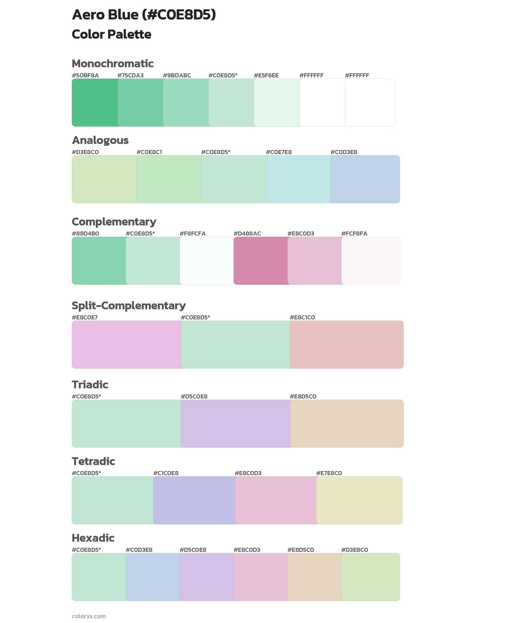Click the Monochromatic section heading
[113, 64]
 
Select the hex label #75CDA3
[130, 75]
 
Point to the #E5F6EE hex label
[266, 75]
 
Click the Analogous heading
[100, 140]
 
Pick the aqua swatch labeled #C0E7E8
[298, 179]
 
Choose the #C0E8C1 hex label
[149, 152]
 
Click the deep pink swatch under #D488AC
[261, 260]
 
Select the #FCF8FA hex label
[354, 234]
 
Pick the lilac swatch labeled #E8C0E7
[126, 345]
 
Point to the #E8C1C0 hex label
[302, 317]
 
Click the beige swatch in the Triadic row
[347, 424]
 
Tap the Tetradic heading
[93, 461]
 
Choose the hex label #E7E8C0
[329, 473]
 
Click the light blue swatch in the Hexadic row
[153, 577]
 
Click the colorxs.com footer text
[89, 616]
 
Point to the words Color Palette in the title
[111, 34]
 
